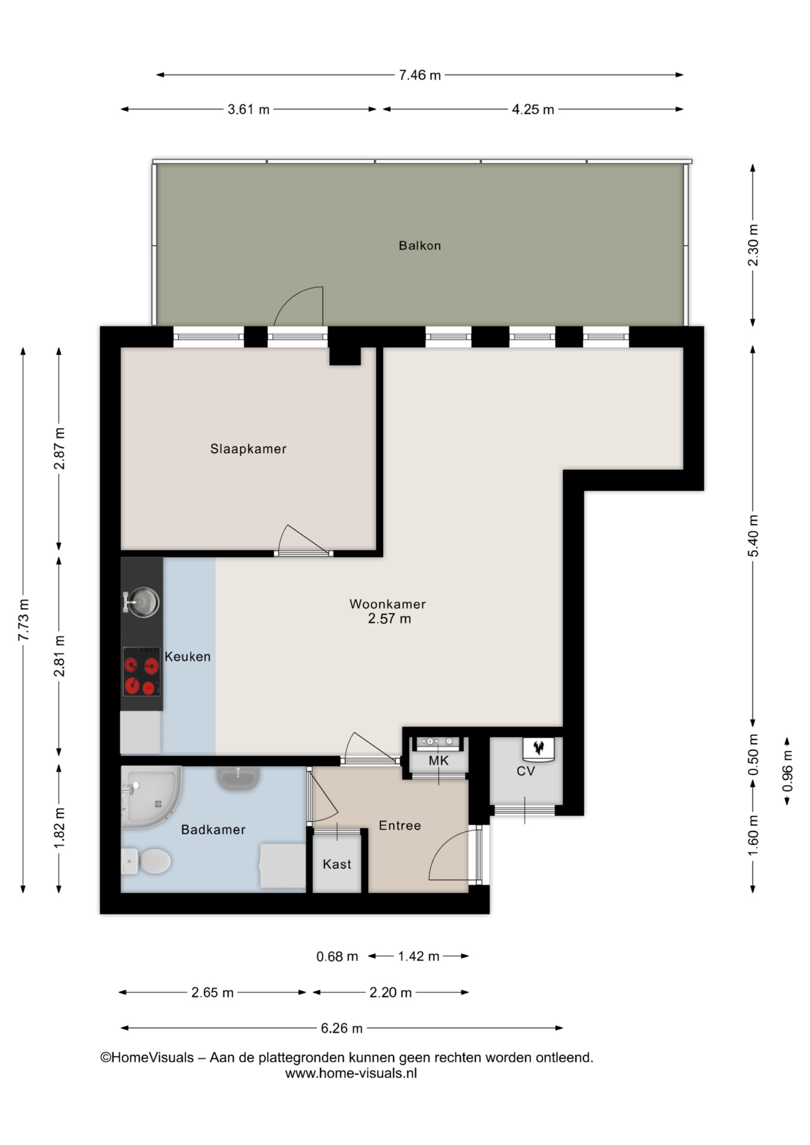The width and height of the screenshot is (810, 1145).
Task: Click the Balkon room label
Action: pos(420,246)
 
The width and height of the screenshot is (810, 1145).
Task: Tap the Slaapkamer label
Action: pos(248,449)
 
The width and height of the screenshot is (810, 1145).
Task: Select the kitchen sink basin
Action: pos(141,602)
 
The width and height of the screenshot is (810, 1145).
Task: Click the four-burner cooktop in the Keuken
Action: pos(142,671)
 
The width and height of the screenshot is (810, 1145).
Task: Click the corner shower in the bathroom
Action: pos(151,797)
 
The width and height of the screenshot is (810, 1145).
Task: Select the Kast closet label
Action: pos(337,864)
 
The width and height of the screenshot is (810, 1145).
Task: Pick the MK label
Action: pos(438,761)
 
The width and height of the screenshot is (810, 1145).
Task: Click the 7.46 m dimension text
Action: pos(420,75)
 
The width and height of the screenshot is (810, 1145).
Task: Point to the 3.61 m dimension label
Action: pos(248,110)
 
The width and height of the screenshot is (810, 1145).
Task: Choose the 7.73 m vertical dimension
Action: pos(24,620)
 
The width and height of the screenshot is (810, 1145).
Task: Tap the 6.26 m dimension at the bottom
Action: pos(342,1028)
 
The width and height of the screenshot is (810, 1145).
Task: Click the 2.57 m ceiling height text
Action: pos(389,619)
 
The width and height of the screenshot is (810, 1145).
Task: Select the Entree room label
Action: pos(400,825)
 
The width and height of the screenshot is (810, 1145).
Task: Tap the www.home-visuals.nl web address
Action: pos(351,1073)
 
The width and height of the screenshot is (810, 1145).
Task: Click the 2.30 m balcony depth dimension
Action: pos(753,245)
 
